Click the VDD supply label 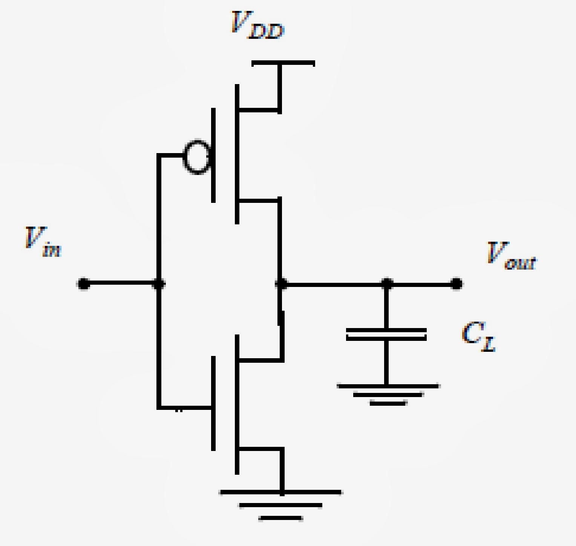[x=257, y=26]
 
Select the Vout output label [x=511, y=256]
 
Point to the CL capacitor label [x=478, y=337]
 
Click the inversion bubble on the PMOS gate [x=196, y=157]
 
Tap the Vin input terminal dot [x=83, y=284]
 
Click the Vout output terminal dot [x=456, y=284]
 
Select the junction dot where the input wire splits [x=159, y=284]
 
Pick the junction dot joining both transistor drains [x=281, y=284]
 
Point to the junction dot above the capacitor [x=387, y=284]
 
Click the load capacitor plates [x=386, y=334]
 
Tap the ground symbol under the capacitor [x=388, y=394]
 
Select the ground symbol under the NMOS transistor [x=281, y=505]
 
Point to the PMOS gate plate [x=213, y=155]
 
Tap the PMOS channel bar [x=237, y=155]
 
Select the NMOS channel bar [x=237, y=404]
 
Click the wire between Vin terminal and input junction [x=121, y=284]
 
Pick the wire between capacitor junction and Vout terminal [x=421, y=284]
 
